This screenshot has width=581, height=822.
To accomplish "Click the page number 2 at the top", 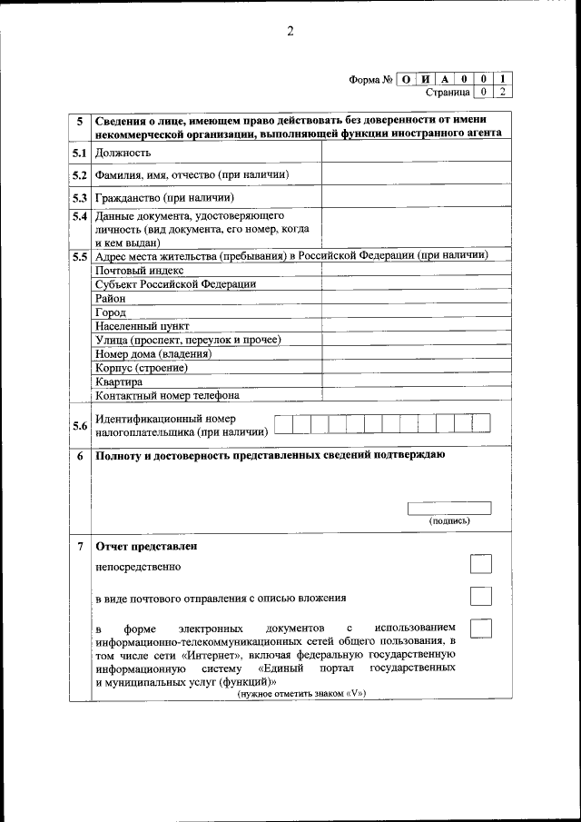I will tap(290, 33).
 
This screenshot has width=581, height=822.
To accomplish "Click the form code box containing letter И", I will tap(426, 79).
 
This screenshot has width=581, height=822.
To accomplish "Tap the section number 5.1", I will tap(80, 154).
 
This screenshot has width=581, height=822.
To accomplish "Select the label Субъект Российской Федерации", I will tap(175, 283).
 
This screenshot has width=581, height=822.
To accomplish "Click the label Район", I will tap(111, 298).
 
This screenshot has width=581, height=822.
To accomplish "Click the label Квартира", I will tap(119, 381).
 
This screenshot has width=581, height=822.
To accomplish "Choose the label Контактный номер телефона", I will tap(167, 395).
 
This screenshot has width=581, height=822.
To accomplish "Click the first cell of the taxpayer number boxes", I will tap(283, 422).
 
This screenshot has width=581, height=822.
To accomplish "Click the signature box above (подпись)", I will tap(449, 508).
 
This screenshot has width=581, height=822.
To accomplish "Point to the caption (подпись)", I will tap(449, 521).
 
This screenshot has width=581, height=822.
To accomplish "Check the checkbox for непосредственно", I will tap(481, 565).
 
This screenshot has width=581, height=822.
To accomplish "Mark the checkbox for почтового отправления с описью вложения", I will tap(481, 597).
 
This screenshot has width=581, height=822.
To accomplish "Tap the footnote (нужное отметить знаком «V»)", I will tap(301, 694).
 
